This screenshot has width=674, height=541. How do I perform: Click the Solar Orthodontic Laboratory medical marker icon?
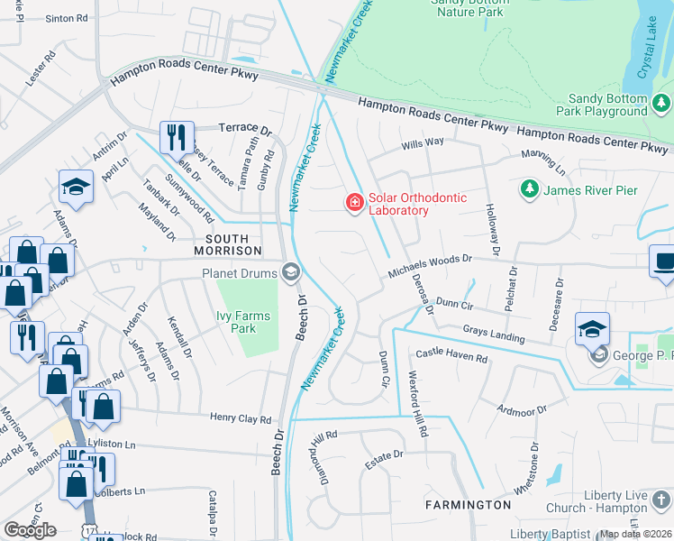[355, 202]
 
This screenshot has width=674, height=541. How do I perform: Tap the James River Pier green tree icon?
[529, 190]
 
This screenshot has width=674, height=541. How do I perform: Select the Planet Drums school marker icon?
[291, 271]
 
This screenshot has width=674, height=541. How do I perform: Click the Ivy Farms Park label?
[236, 322]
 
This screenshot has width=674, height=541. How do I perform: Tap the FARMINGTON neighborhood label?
[469, 505]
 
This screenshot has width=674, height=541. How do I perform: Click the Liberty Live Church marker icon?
[660, 499]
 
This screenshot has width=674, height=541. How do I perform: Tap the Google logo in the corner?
[30, 530]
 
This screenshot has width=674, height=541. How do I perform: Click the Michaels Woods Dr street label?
[430, 266]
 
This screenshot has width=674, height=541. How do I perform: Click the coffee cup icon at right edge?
[663, 261]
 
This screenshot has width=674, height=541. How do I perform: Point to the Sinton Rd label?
[67, 17]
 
